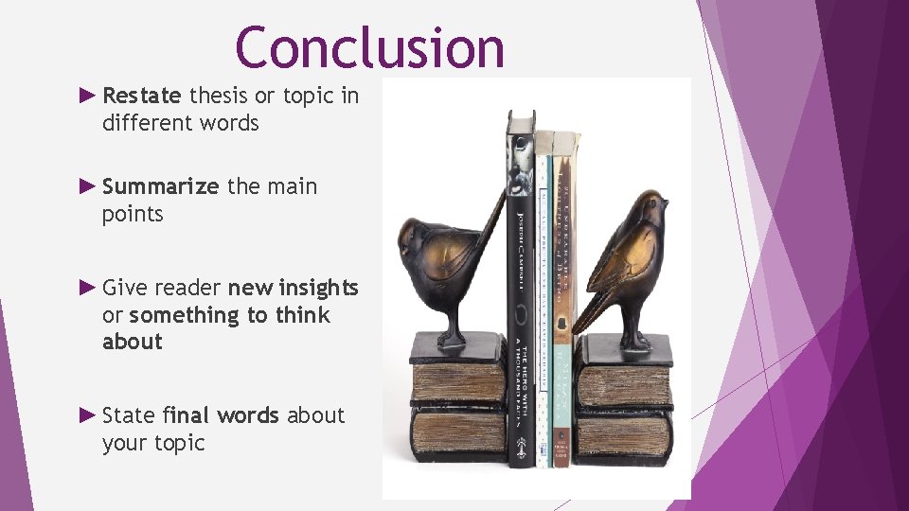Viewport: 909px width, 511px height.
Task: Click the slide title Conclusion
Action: (x=369, y=47)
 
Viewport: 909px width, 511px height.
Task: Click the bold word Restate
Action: (x=141, y=96)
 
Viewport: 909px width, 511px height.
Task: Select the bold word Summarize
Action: (x=160, y=186)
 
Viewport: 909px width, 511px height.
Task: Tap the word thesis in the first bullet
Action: (x=218, y=96)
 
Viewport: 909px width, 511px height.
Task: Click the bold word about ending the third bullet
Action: (x=132, y=342)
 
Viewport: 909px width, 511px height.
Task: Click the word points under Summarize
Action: (x=133, y=215)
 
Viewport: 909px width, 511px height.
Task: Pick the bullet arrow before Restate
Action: (x=87, y=95)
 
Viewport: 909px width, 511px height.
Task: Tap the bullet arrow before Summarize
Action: (x=87, y=185)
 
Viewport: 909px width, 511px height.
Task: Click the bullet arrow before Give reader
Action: (x=87, y=287)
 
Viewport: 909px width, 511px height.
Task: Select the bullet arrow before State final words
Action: (x=87, y=414)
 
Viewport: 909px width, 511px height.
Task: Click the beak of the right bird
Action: (x=665, y=202)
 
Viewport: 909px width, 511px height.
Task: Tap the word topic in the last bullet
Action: (x=179, y=443)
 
